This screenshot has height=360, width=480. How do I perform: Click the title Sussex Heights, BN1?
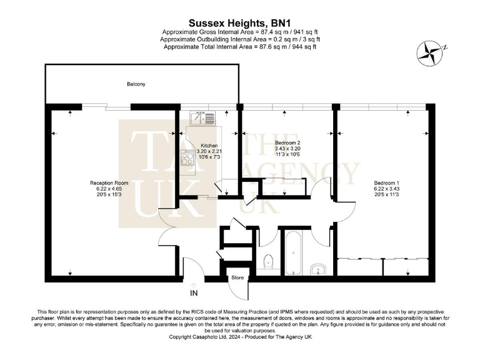[240, 21]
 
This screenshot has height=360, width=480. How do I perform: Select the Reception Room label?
[104, 183]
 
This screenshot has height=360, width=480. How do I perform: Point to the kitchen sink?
[202, 116]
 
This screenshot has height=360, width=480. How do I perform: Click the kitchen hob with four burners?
[187, 158]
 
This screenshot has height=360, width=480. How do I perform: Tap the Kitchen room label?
[209, 145]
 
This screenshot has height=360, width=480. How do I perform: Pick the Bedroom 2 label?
[288, 142]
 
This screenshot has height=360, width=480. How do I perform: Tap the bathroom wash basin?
[319, 269]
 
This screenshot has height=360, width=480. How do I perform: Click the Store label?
[237, 277]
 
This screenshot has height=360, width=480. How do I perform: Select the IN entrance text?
[194, 292]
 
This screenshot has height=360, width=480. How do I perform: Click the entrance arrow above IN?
[194, 284]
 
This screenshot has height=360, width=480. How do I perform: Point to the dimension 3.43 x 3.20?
[288, 149]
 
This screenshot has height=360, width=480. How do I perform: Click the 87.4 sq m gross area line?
[240, 32]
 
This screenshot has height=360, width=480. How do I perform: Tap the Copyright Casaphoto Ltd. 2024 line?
[240, 337]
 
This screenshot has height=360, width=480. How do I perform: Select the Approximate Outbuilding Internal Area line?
[240, 39]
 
